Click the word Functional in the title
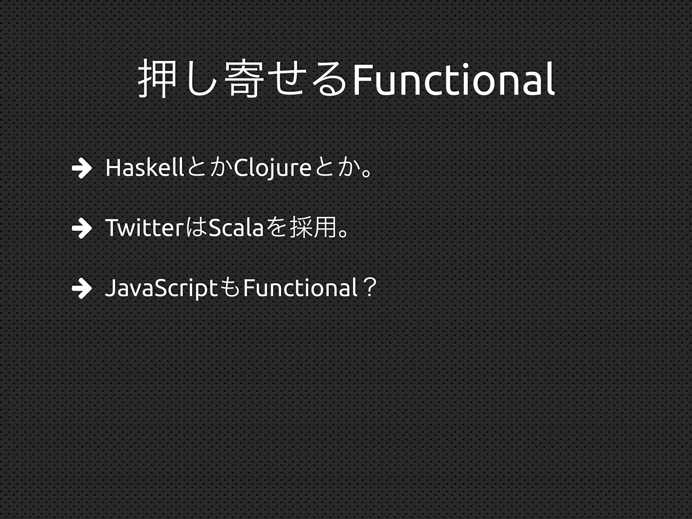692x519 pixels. (x=453, y=80)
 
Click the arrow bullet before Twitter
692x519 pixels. (x=82, y=229)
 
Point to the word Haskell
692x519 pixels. (x=145, y=168)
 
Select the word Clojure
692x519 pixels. (x=272, y=168)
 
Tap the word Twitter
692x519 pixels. (x=144, y=228)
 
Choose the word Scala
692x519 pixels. (x=236, y=228)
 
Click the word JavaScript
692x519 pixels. (x=161, y=288)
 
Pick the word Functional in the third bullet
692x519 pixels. (x=300, y=288)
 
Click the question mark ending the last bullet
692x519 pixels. (x=369, y=288)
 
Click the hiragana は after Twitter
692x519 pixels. (x=196, y=228)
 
